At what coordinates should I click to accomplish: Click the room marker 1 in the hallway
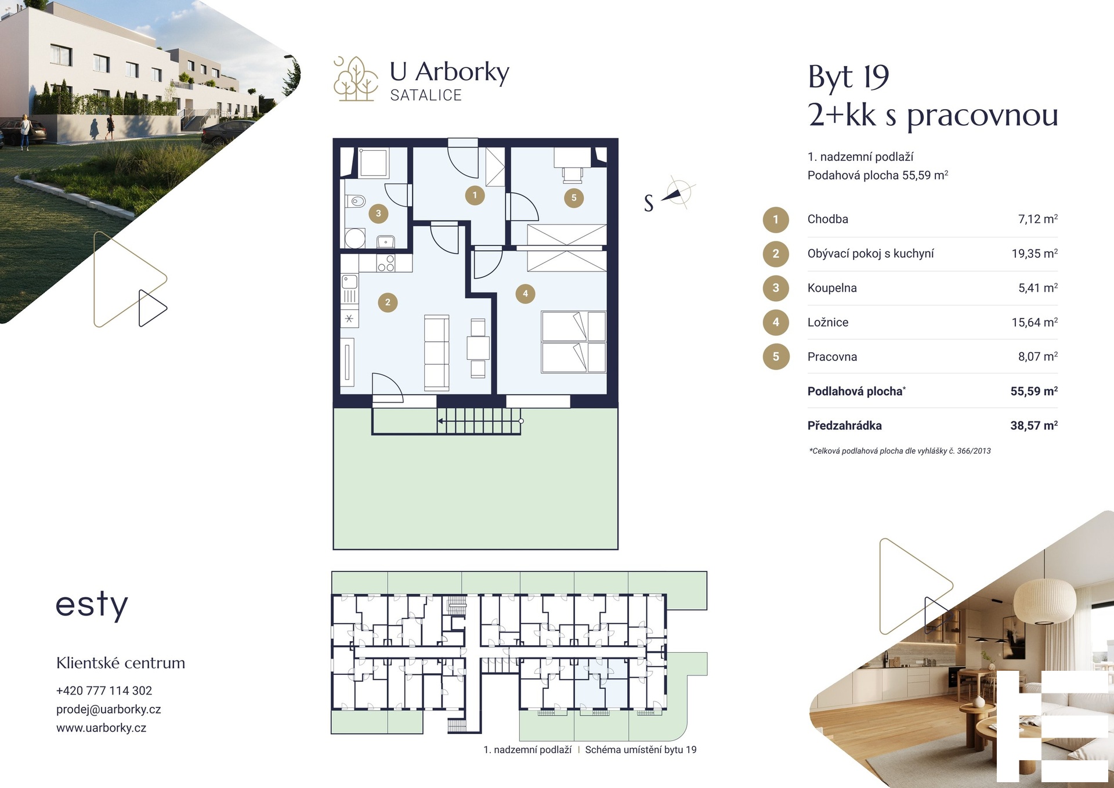pyautogui.click(x=475, y=195)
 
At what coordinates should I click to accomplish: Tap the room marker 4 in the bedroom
pyautogui.click(x=525, y=294)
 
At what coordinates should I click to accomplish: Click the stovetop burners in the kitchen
pyautogui.click(x=386, y=263)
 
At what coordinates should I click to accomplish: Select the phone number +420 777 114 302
pyautogui.click(x=104, y=691)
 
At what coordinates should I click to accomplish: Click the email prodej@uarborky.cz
pyautogui.click(x=108, y=709)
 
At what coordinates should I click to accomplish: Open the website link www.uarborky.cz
pyautogui.click(x=101, y=728)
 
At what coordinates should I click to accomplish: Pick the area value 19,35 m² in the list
pyautogui.click(x=1035, y=253)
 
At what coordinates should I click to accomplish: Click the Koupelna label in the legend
pyautogui.click(x=832, y=288)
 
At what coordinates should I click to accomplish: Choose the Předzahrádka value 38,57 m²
pyautogui.click(x=1034, y=425)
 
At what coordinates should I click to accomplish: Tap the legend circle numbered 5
pyautogui.click(x=776, y=356)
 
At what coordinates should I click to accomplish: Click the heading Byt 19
pyautogui.click(x=848, y=77)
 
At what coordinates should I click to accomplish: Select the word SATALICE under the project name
pyautogui.click(x=426, y=95)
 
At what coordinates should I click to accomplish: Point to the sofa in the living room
pyautogui.click(x=436, y=352)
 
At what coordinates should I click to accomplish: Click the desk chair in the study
pyautogui.click(x=572, y=173)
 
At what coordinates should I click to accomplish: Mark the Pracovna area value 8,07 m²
pyautogui.click(x=1038, y=356)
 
